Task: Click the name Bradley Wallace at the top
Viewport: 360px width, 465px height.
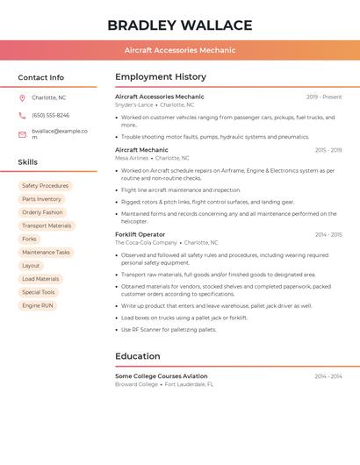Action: (180, 25)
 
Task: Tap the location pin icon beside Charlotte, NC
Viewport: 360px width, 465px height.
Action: (22, 97)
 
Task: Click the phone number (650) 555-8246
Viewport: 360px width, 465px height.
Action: (50, 115)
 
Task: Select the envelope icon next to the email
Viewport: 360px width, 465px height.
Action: (22, 134)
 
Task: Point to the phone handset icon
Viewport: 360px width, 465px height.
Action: (22, 115)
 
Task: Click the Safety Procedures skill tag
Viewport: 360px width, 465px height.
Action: (45, 186)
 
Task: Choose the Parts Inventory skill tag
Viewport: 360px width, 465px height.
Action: (41, 199)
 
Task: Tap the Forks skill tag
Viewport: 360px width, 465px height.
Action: (30, 239)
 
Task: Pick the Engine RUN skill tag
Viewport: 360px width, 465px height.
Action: (38, 305)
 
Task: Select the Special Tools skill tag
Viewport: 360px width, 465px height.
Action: (39, 292)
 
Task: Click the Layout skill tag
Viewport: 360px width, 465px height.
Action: (31, 265)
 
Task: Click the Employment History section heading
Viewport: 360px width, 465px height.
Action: (161, 77)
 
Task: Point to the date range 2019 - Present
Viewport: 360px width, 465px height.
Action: (324, 97)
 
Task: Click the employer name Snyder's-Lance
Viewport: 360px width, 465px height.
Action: (134, 104)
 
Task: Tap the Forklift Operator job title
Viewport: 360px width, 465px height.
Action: (140, 234)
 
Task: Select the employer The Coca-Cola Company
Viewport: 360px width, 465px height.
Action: (146, 242)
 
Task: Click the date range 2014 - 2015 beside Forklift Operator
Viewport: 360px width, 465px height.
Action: (328, 234)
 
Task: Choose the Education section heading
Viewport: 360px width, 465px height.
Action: (138, 356)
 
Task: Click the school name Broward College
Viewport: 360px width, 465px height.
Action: (136, 384)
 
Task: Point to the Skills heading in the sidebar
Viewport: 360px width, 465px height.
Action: (28, 162)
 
